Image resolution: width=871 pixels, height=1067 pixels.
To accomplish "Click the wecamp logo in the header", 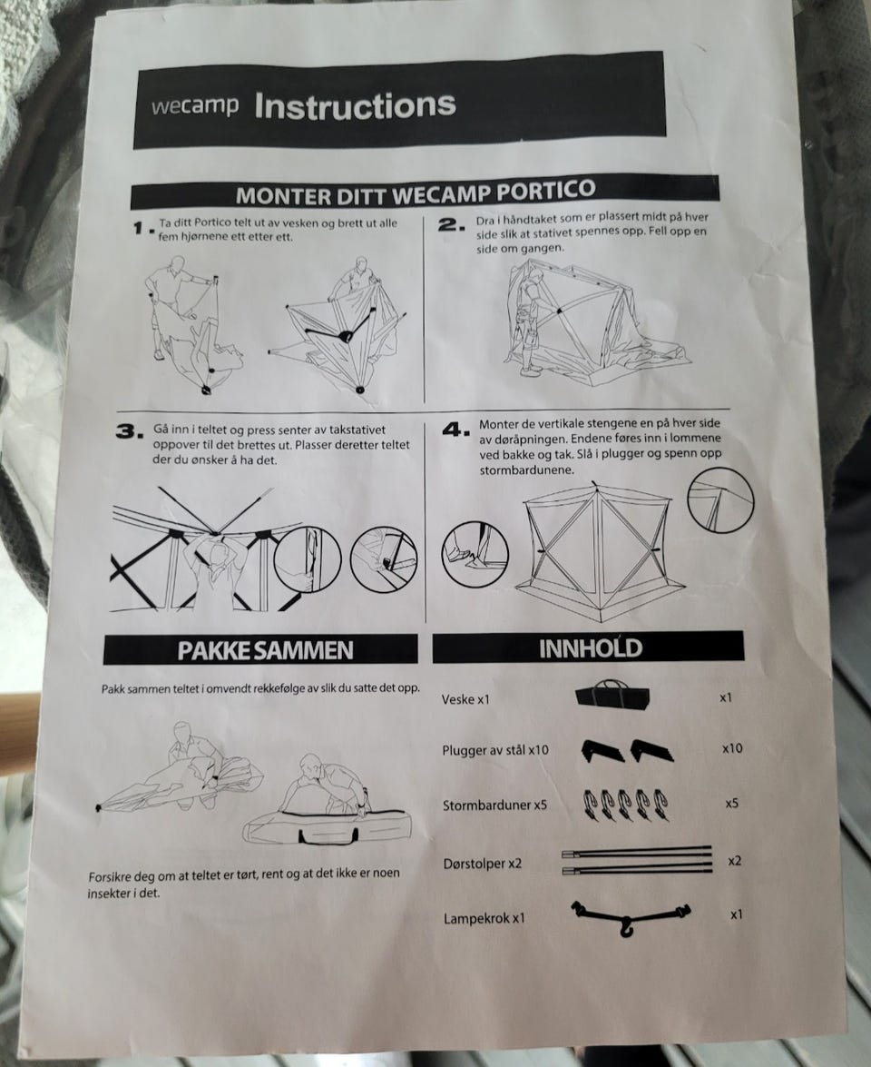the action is pos(195,106).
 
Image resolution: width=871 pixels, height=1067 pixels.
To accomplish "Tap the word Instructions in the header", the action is pos(355,105).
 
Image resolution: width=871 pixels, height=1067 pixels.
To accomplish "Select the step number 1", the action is pos(142,229).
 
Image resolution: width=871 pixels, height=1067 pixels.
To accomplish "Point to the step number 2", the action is pos(452,224).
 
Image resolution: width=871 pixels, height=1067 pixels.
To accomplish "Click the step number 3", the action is pos(131,431).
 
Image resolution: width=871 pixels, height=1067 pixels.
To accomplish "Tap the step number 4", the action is pos(456,430).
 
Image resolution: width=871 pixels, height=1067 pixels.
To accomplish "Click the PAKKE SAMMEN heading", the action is pos(265,650).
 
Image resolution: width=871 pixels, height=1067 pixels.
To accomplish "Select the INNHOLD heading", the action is pos(590,647).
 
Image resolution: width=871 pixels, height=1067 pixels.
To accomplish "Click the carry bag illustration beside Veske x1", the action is pos(612,695).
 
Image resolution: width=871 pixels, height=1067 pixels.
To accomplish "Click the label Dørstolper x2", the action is pos(483,864).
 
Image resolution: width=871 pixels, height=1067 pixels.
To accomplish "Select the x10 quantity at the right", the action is pos(732,748).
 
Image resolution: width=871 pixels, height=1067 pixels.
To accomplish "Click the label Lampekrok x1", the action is pos(484,918).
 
